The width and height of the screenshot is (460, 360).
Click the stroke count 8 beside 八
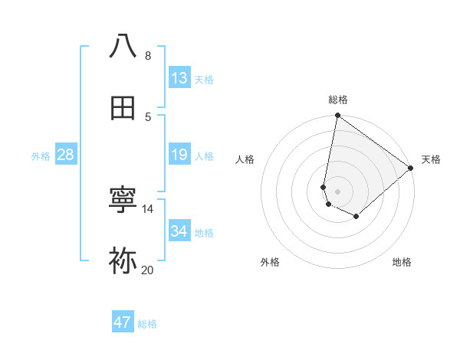pos(147,55)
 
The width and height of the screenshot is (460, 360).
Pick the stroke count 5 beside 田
pos(147,116)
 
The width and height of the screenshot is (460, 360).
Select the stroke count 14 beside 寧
pos(147,208)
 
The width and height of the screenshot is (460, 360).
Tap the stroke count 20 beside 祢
pos(147,270)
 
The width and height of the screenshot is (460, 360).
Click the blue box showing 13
pos(179,78)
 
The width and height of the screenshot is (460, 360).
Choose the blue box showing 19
pos(179,155)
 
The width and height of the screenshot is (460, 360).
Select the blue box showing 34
pos(179,231)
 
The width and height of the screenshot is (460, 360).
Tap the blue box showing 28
pos(66,155)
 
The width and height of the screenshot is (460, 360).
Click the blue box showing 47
pos(123,322)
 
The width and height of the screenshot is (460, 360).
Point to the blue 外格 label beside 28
pos(41,156)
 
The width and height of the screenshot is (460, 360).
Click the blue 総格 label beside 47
pos(147,324)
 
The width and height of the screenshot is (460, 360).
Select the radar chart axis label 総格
pos(338,100)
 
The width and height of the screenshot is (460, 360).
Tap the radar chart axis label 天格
pos(431,159)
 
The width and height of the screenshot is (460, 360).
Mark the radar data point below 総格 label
pos(337,116)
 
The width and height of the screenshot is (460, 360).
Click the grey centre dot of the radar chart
pos(337,191)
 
